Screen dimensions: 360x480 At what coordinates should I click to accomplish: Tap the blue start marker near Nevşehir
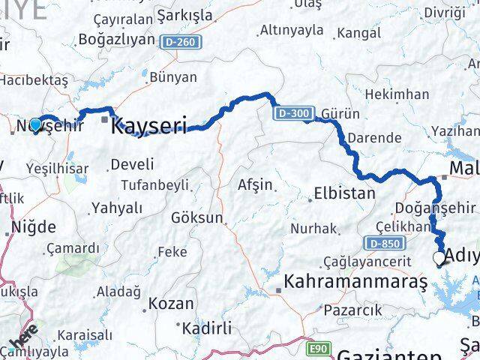coord(35,124)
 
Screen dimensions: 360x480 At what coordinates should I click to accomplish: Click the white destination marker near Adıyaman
coord(439,259)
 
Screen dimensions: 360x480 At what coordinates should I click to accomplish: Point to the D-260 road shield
coord(180,43)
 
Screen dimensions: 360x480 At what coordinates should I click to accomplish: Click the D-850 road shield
coord(385,244)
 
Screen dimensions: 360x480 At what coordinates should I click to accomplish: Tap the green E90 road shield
coord(319,349)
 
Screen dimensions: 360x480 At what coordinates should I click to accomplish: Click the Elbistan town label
coord(344,193)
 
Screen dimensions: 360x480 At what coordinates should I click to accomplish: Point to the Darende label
coord(375,138)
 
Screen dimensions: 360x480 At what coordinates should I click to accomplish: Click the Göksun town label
coord(197,218)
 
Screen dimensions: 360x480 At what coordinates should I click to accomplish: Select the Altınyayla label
coord(291,31)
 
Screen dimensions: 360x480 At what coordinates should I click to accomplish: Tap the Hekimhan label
coord(400,94)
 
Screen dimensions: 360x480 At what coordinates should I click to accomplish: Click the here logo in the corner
coord(25,342)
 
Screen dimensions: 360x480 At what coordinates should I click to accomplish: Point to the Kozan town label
coord(171,304)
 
